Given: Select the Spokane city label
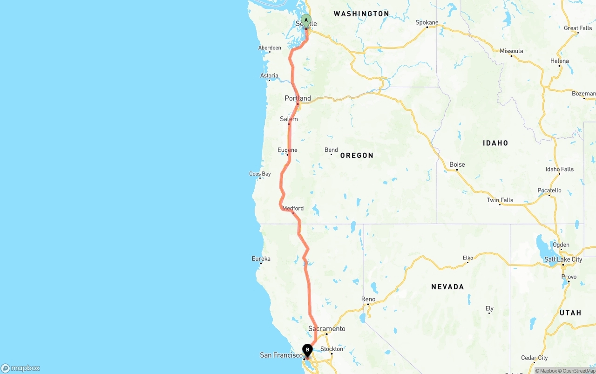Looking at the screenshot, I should coord(427,22).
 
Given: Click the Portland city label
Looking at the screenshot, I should coord(298,98).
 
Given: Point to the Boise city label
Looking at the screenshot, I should coord(457,164).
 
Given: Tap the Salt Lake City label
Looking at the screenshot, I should coord(563,259).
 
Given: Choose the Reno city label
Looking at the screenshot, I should coord(368,299).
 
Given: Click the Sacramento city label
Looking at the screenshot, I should coord(327,329).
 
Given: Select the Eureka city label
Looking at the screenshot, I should coord(261,259).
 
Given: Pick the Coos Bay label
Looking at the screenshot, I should coord(260,174).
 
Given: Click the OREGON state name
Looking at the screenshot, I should coord(357,156).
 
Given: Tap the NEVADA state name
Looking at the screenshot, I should coord(447,287).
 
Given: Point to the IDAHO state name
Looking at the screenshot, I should coord(495,143).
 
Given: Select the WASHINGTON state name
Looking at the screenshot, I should coord(361,14).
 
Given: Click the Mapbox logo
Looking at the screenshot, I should coord(20,368).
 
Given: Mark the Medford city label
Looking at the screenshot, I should coord(293,208).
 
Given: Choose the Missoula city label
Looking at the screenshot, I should coord(511,51).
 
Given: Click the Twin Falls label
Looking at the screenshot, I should coord(500,200).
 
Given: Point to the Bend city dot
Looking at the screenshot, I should coord(331,154).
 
